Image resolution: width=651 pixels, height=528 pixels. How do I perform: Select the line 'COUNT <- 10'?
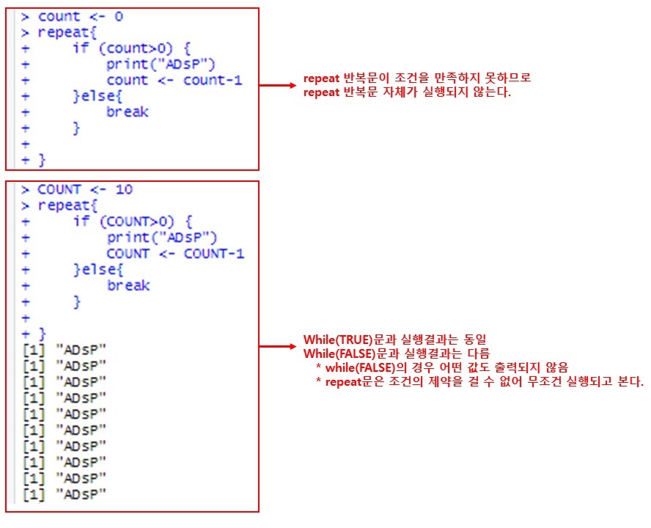pyautogui.click(x=85, y=190)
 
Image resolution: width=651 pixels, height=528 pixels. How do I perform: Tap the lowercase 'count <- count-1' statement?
pyautogui.click(x=174, y=80)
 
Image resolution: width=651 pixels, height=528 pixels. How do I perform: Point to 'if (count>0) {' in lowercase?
pyautogui.click(x=132, y=48)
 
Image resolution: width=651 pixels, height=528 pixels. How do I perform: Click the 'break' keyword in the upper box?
pyautogui.click(x=128, y=112)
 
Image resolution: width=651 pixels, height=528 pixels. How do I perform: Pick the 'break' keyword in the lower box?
pyautogui.click(x=128, y=285)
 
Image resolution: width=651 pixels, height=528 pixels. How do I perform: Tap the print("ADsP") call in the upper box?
pyautogui.click(x=161, y=65)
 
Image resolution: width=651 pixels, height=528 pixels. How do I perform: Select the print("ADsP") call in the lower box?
pyautogui.click(x=162, y=238)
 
